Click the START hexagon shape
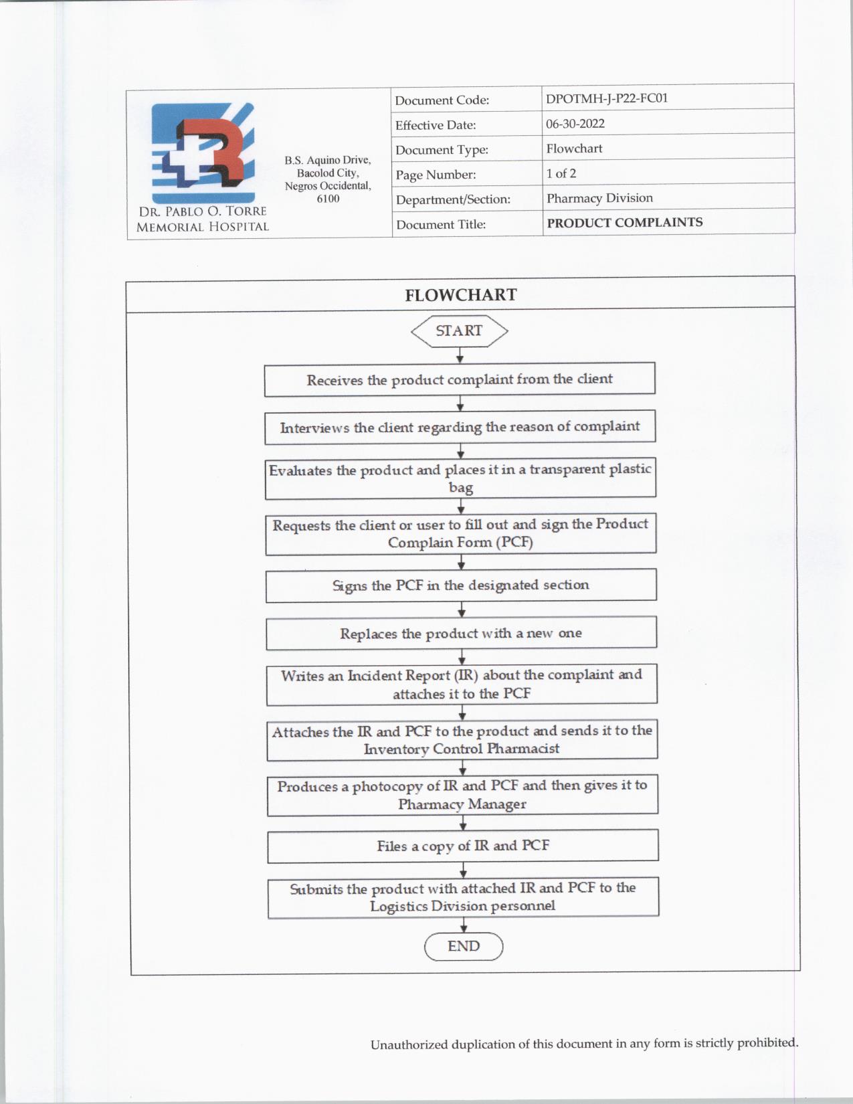pyautogui.click(x=459, y=331)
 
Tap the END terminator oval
pyautogui.click(x=464, y=946)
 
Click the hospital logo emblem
pyautogui.click(x=203, y=153)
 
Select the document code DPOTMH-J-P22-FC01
pyautogui.click(x=607, y=98)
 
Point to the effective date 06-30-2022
pyautogui.click(x=575, y=124)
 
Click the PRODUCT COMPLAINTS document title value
pyautogui.click(x=625, y=223)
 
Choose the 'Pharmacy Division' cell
pyautogui.click(x=599, y=198)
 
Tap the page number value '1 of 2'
pyautogui.click(x=561, y=173)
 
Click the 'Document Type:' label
pyautogui.click(x=442, y=150)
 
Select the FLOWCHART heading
pyautogui.click(x=460, y=295)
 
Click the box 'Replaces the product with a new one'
pyautogui.click(x=461, y=633)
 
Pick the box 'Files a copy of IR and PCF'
pyautogui.click(x=463, y=846)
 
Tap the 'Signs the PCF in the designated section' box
pyautogui.click(x=461, y=585)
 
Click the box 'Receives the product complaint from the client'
pyautogui.click(x=460, y=379)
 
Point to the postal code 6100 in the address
pyautogui.click(x=328, y=199)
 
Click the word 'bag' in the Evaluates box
pyautogui.click(x=461, y=487)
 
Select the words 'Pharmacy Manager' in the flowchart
pyautogui.click(x=462, y=804)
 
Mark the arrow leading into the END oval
pyautogui.click(x=464, y=925)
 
